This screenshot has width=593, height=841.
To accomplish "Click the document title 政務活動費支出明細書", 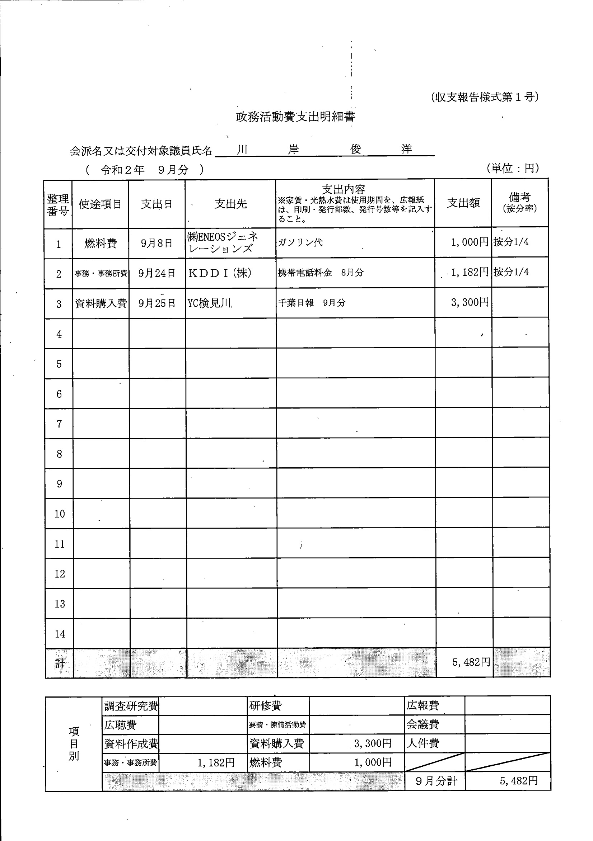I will coord(295,117).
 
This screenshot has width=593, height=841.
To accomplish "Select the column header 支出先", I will coord(230,204).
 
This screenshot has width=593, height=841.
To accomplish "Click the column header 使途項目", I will coord(100,204).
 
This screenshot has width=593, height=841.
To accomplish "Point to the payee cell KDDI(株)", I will coord(220,273).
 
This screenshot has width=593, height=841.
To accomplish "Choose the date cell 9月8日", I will coord(157,243).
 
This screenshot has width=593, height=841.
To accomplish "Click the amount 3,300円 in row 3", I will coord(470,302).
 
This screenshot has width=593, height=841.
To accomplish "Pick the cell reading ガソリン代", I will coord(300,242).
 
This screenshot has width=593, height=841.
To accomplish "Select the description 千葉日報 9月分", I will coord(312,303).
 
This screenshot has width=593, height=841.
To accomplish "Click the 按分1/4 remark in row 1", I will coord(511,242).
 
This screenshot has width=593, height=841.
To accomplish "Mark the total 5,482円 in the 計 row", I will coord(471,662).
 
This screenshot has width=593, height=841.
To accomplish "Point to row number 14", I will coord(60,634).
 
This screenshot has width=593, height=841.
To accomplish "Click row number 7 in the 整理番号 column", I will coord(59,424).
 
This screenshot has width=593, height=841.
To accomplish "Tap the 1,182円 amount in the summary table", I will coord(216,762).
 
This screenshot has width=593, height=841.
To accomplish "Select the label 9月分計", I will coord(436,781).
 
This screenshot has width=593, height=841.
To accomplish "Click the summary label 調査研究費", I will coord(131,706).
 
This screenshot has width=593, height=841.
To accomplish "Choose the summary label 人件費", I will coord(422,743).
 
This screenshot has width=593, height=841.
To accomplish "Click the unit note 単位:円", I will coord(513,168).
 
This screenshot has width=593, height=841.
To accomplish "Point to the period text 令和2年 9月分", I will coord(145,170).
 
